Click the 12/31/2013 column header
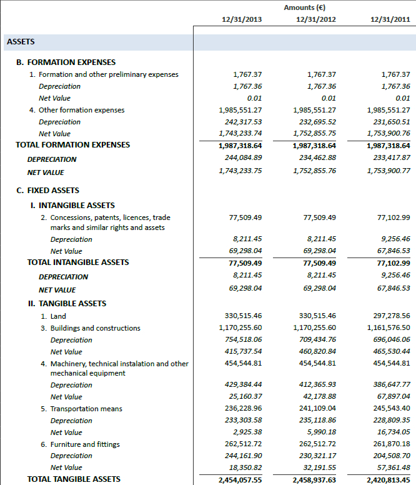click(242, 19)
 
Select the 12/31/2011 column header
click(390, 19)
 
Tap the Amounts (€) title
click(304, 7)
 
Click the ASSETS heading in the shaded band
click(21, 42)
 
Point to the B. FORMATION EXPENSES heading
click(66, 62)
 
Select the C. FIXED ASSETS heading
click(47, 190)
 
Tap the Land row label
click(57, 316)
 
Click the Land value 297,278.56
click(389, 316)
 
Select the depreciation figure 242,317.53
click(241, 122)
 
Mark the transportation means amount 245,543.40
click(389, 409)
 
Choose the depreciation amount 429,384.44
click(241, 385)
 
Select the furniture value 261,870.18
click(389, 444)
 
